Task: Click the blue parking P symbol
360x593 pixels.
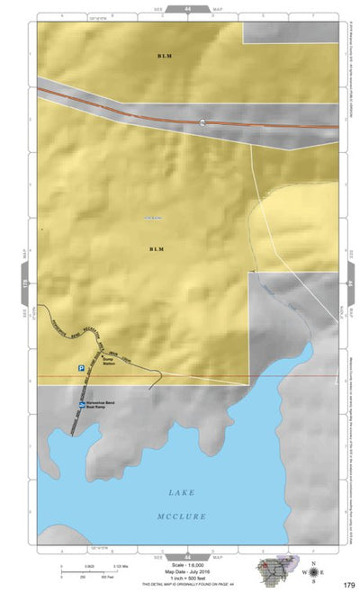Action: pyautogui.click(x=80, y=368)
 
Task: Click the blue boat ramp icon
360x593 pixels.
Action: pyautogui.click(x=81, y=406)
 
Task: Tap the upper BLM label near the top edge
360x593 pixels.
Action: pyautogui.click(x=163, y=56)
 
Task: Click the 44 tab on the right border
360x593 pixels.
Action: pyautogui.click(x=349, y=283)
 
